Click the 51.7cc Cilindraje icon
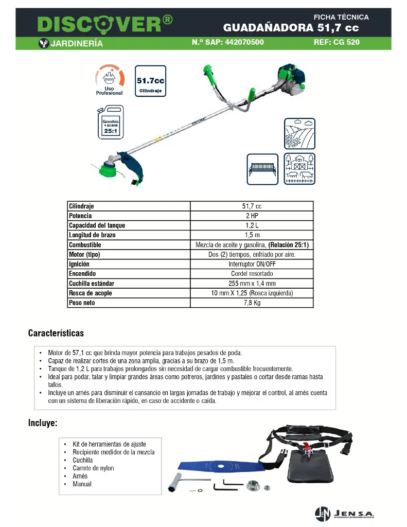pyautogui.click(x=150, y=81)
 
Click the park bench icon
pyautogui.click(x=262, y=168)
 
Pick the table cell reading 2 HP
pyautogui.click(x=252, y=216)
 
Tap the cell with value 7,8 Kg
pyautogui.click(x=252, y=303)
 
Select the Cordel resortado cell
pyautogui.click(x=252, y=274)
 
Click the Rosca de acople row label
pyautogui.click(x=91, y=293)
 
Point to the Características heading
pyautogui.click(x=56, y=333)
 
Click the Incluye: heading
pyautogui.click(x=42, y=423)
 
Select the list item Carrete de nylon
pyautogui.click(x=93, y=468)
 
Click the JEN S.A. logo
pyautogui.click(x=345, y=513)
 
